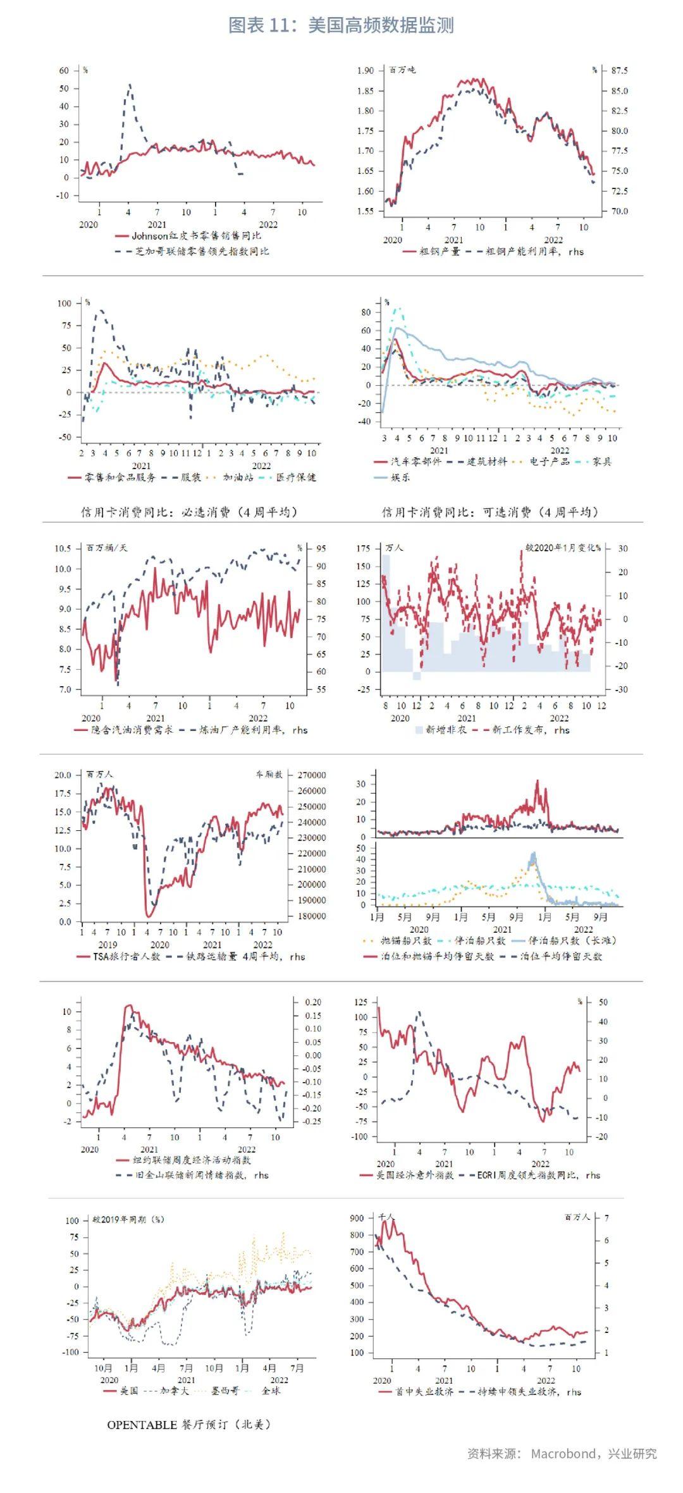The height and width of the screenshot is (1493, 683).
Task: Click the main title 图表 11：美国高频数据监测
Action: [x=341, y=25]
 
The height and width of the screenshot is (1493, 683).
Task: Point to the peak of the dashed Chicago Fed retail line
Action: [x=130, y=84]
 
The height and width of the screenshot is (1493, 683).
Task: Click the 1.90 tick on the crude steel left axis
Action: [x=366, y=70]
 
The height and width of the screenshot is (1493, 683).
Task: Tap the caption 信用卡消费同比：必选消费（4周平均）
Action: [x=188, y=512]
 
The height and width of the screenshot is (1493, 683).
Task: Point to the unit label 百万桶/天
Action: [x=106, y=548]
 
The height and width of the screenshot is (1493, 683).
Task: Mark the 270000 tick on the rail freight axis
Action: [x=311, y=775]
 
